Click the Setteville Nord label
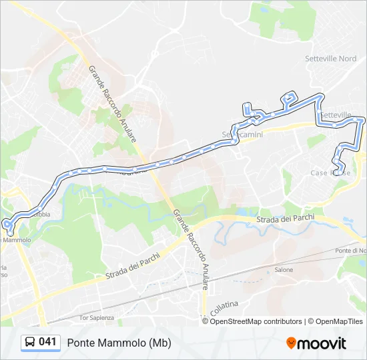330,59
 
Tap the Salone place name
284,270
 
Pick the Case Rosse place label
330,173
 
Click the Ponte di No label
351,250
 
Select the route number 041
48,342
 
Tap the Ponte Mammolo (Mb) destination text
119,343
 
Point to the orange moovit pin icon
291,343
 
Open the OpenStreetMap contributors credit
256,321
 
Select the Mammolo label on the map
17,239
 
